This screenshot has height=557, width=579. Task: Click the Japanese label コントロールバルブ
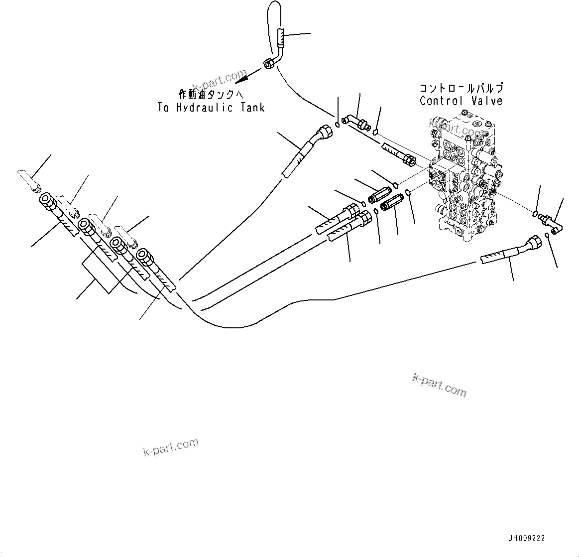(461, 89)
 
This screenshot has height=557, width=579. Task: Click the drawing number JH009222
(526, 539)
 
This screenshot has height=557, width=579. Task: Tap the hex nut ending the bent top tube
(268, 63)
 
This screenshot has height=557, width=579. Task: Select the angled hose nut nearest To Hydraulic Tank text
(326, 132)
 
